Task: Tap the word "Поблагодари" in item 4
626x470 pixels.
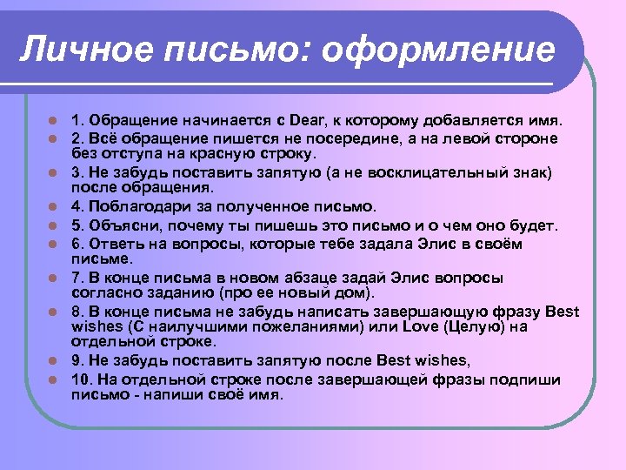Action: (132, 206)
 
